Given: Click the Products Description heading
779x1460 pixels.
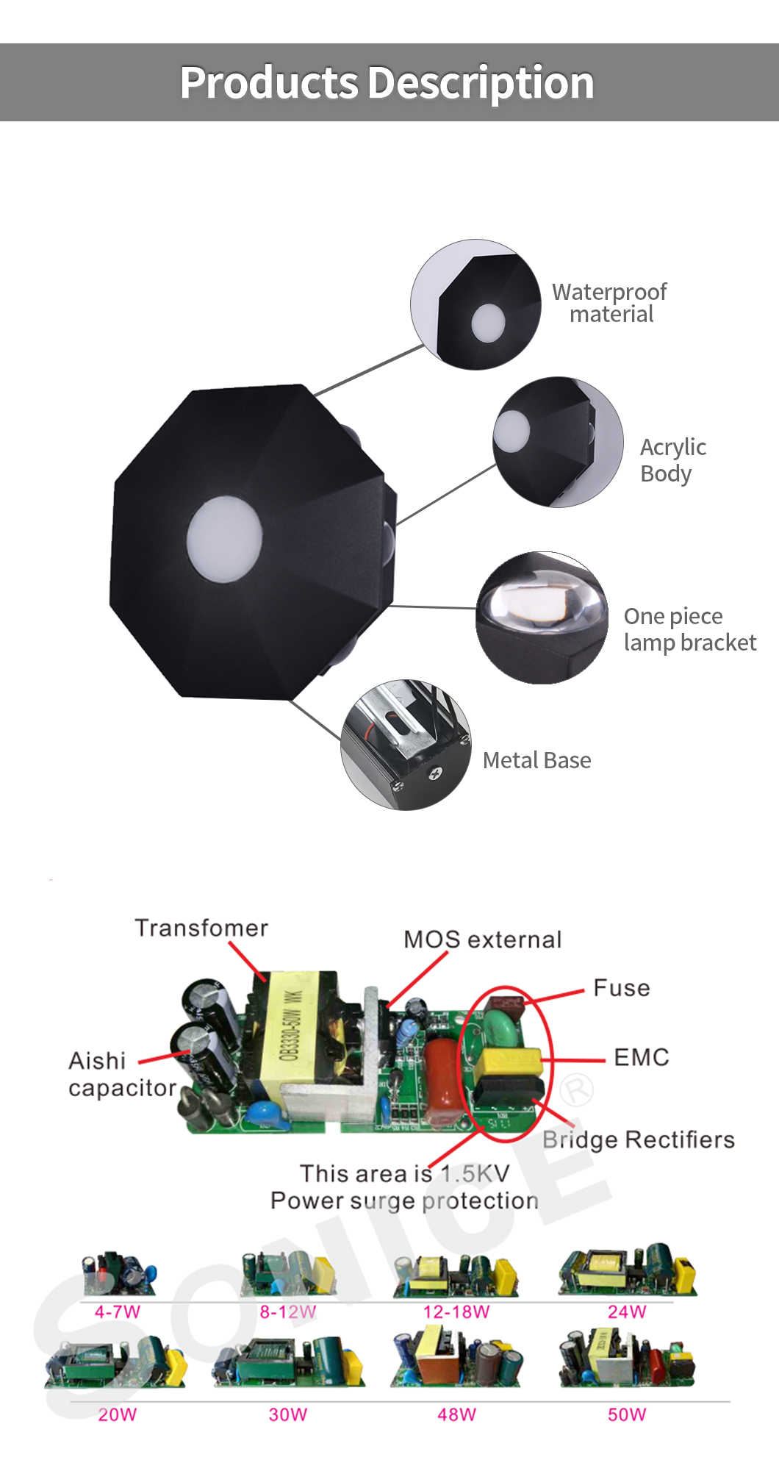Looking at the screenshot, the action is tap(387, 82).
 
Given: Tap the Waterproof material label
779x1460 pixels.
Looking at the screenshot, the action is tap(609, 303).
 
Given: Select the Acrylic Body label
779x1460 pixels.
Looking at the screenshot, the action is tap(672, 460).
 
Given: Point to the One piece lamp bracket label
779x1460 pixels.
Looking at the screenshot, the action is tap(689, 629).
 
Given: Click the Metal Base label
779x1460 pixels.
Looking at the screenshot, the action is tap(537, 760).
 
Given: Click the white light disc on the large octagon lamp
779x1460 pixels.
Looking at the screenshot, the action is tap(224, 537).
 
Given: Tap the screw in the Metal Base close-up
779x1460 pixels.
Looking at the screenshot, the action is tap(436, 773).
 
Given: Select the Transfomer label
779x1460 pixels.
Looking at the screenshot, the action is tap(201, 928).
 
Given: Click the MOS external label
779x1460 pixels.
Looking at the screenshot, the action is tap(483, 940).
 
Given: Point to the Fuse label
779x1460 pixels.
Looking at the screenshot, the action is tap(622, 987).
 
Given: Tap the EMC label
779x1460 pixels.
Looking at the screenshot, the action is tap(642, 1057).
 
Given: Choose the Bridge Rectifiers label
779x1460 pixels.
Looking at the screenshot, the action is tap(639, 1139).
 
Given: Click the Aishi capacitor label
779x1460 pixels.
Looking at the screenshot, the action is tap(122, 1074).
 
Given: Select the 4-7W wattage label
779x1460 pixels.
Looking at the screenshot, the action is tap(118, 1312).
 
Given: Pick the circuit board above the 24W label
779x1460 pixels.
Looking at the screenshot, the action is tap(627, 1270).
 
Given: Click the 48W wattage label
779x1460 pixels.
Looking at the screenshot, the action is tap(457, 1414).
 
